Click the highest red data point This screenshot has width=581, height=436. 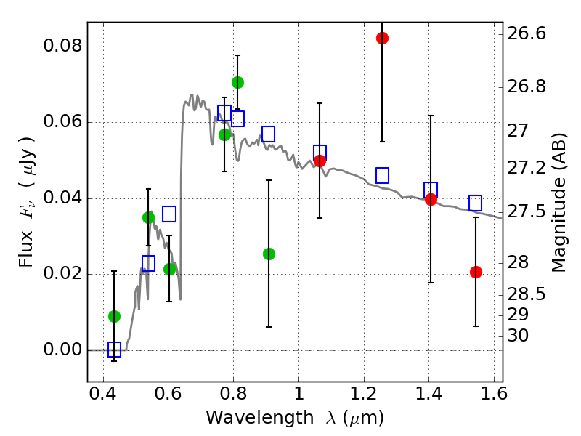click(x=382, y=38)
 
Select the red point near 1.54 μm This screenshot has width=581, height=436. click(x=476, y=272)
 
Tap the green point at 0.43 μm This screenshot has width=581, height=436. click(x=114, y=316)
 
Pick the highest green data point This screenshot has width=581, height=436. click(x=237, y=82)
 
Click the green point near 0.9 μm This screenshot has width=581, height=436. click(x=269, y=254)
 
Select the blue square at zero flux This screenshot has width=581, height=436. click(x=114, y=350)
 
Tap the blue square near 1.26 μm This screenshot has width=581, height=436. click(x=382, y=175)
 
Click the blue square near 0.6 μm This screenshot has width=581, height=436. click(x=169, y=214)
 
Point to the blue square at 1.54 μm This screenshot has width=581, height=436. click(x=476, y=203)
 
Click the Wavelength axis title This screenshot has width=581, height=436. click(x=294, y=418)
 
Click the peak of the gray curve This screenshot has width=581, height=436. click(x=192, y=94)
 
